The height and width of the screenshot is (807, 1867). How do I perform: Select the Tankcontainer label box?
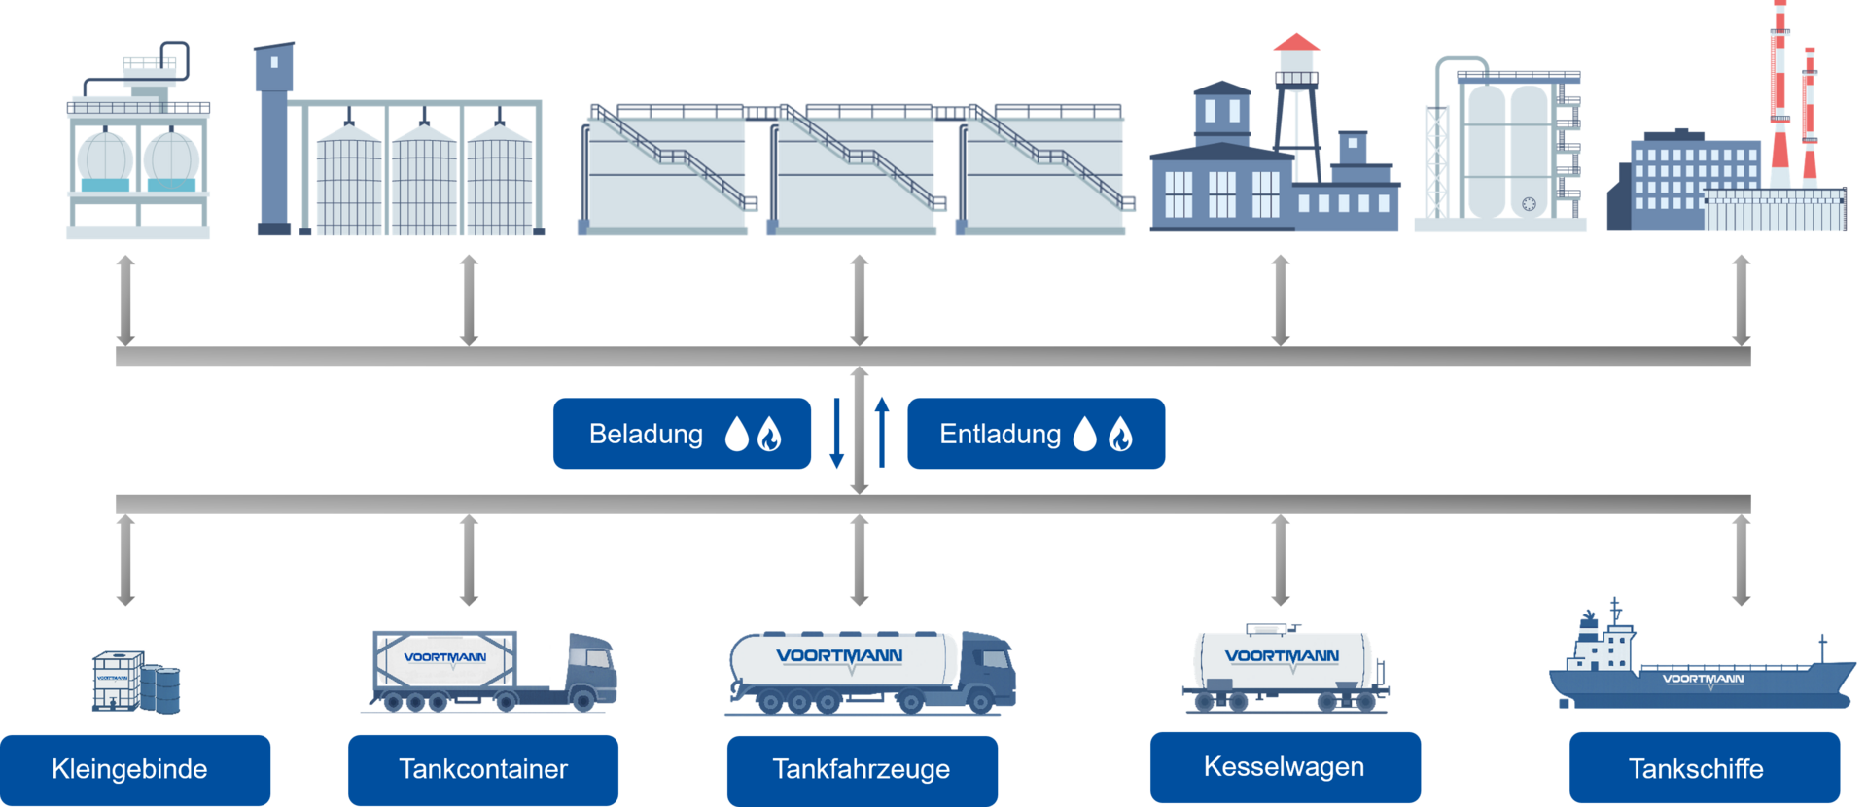point(482,768)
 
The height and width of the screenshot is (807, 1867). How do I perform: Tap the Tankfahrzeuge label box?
point(862,768)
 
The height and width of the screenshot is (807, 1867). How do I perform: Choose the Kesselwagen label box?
point(1284,766)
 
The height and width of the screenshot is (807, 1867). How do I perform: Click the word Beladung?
point(646,434)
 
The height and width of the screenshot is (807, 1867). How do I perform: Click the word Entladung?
point(1000,434)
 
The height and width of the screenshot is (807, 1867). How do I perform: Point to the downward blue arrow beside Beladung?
point(836,433)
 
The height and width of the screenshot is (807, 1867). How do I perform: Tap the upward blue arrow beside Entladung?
point(882,433)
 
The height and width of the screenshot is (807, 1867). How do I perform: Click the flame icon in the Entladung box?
point(1120,435)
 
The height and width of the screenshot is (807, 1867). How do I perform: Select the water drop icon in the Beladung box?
point(737,435)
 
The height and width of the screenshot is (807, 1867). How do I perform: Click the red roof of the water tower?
point(1296,42)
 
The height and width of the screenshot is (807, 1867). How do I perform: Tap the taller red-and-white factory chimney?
point(1779,97)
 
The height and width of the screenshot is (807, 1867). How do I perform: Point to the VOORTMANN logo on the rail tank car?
point(1282,656)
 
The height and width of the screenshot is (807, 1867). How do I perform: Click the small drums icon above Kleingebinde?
point(166,687)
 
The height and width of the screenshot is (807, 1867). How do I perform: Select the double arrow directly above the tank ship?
point(1741,560)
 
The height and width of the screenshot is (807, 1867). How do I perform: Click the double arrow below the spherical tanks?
point(125,299)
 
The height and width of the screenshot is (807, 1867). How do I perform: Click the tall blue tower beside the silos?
point(273,136)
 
